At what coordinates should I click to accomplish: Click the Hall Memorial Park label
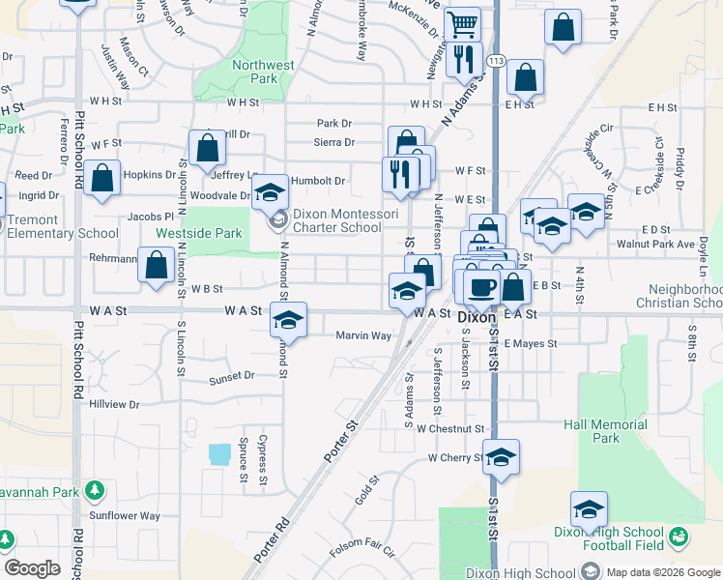(605, 431)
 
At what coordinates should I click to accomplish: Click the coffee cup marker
(482, 285)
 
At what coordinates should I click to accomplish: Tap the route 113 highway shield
(496, 61)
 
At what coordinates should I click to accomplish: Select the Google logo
(32, 568)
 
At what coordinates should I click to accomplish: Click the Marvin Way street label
(363, 335)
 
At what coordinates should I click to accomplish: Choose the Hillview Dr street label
(114, 404)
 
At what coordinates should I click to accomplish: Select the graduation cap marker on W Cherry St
(501, 457)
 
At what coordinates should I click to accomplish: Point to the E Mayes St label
(531, 343)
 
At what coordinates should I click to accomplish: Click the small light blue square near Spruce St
(219, 452)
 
